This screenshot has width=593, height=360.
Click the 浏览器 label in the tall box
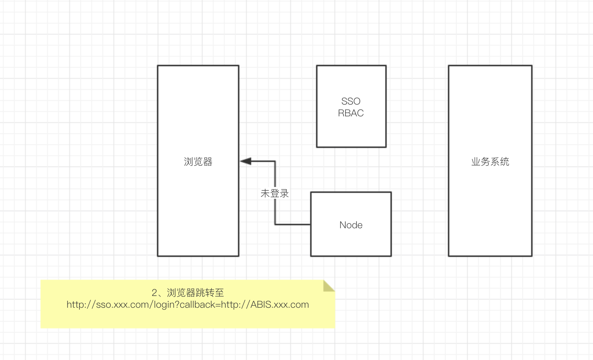[x=198, y=162]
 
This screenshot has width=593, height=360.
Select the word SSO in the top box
[x=351, y=101]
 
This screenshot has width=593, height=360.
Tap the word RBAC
[x=351, y=113]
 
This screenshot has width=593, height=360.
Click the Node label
[x=351, y=225]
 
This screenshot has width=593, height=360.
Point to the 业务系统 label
[x=490, y=162]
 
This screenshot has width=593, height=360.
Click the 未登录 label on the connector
[x=274, y=193]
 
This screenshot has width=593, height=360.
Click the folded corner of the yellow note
[x=328, y=286]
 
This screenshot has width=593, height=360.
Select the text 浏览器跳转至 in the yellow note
[x=195, y=293]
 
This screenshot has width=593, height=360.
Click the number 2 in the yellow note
[x=154, y=293]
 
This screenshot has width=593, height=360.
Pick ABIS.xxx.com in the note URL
[x=280, y=305]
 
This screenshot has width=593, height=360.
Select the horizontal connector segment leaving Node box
[x=293, y=224]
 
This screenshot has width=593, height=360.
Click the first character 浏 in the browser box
[x=189, y=162]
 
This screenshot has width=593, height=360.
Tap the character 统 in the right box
[x=505, y=162]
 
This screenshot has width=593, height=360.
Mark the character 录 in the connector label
[x=284, y=193]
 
